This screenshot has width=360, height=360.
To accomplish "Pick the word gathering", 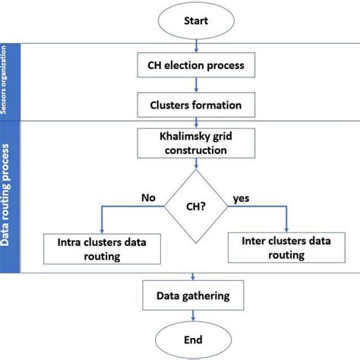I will pos(217,295).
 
